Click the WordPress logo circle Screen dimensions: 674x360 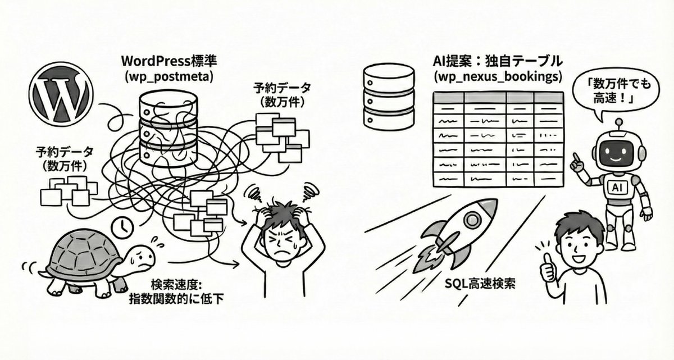tap(61, 94)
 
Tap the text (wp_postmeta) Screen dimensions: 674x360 tap(169, 77)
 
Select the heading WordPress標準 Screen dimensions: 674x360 tap(169, 61)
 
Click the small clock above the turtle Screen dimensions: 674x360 tap(122, 228)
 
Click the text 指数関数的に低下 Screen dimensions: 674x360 tap(176, 299)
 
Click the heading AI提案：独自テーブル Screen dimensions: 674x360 tap(498, 61)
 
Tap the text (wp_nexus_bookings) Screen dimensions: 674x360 tap(498, 77)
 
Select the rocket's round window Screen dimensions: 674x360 tap(472, 220)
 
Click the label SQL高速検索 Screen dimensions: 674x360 tap(480, 283)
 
